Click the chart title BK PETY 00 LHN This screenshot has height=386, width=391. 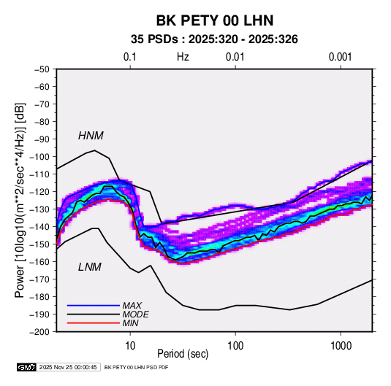click(215, 20)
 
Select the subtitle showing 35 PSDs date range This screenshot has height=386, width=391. click(214, 39)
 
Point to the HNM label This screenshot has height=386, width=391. click(91, 136)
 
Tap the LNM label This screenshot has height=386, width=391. click(90, 267)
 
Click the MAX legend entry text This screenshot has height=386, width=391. click(132, 306)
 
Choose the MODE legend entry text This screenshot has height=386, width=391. click(135, 314)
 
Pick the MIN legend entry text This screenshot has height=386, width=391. click(130, 323)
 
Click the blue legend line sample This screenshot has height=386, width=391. click(94, 306)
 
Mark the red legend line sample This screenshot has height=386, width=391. click(94, 323)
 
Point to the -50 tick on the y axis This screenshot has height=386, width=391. click(42, 69)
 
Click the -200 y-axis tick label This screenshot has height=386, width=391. click(39, 332)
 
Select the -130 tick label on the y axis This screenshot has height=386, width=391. click(39, 209)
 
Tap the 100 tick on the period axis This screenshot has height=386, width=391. click(235, 346)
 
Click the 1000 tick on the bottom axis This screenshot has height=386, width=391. click(341, 346)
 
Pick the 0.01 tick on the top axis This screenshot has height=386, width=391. click(235, 57)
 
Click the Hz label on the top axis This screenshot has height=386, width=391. click(183, 57)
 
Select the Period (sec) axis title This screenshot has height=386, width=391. click(183, 354)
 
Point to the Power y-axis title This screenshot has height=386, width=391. click(20, 201)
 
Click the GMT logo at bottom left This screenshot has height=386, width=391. click(27, 367)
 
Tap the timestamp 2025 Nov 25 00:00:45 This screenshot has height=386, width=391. click(68, 367)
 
